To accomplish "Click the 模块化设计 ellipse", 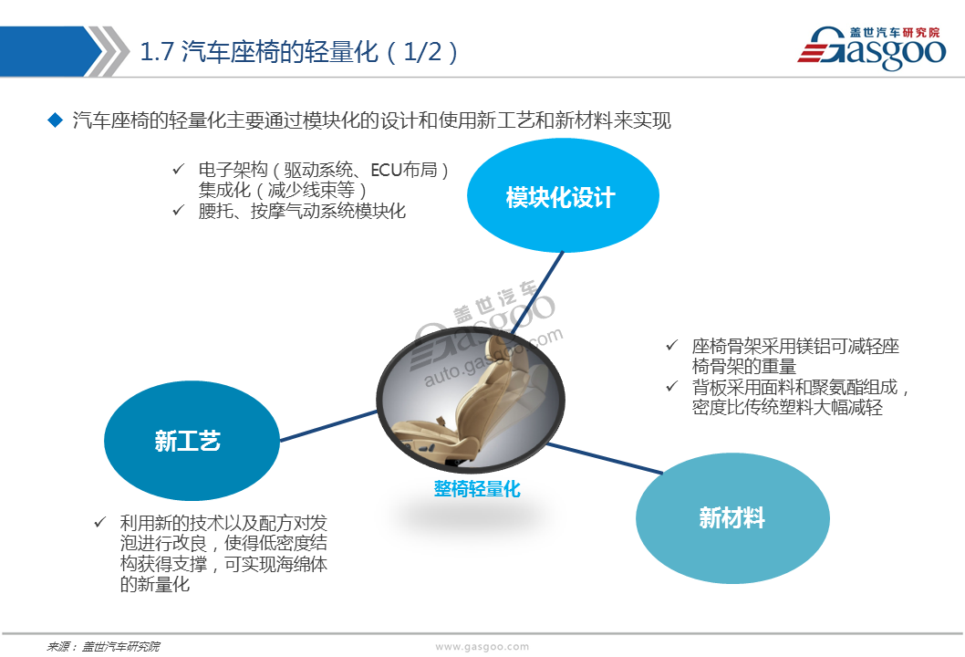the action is click(x=563, y=195).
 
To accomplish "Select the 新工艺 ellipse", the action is click(x=192, y=440).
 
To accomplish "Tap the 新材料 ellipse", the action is click(x=732, y=517).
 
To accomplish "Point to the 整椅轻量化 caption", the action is click(x=477, y=489).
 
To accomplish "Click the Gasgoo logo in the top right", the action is click(x=871, y=47).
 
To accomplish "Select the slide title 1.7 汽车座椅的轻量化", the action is click(x=298, y=52).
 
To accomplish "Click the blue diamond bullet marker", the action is click(x=56, y=120).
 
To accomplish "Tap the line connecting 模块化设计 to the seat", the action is click(x=536, y=293).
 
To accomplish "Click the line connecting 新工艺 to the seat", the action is click(x=328, y=425).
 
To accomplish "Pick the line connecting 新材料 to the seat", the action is click(x=605, y=458).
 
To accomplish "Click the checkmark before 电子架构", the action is click(x=179, y=168).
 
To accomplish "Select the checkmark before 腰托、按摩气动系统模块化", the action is click(x=179, y=210).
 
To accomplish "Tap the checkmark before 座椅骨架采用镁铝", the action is click(x=672, y=345).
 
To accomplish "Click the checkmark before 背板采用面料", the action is click(x=672, y=386).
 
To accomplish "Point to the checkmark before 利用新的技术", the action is click(x=100, y=522).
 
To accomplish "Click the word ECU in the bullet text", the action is click(x=387, y=170).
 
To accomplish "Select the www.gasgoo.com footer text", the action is click(x=482, y=647).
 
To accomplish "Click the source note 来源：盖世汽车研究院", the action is click(x=103, y=647).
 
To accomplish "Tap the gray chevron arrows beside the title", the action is click(x=108, y=51).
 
